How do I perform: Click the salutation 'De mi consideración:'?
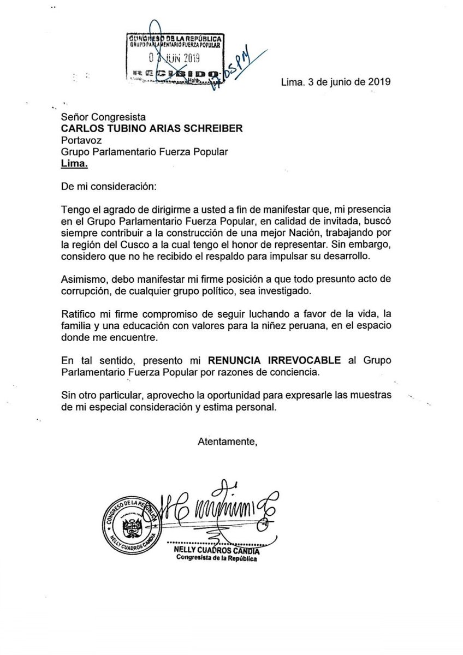point(109,187)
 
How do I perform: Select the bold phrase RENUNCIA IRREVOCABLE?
point(272,360)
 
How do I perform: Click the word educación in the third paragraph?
point(163,327)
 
